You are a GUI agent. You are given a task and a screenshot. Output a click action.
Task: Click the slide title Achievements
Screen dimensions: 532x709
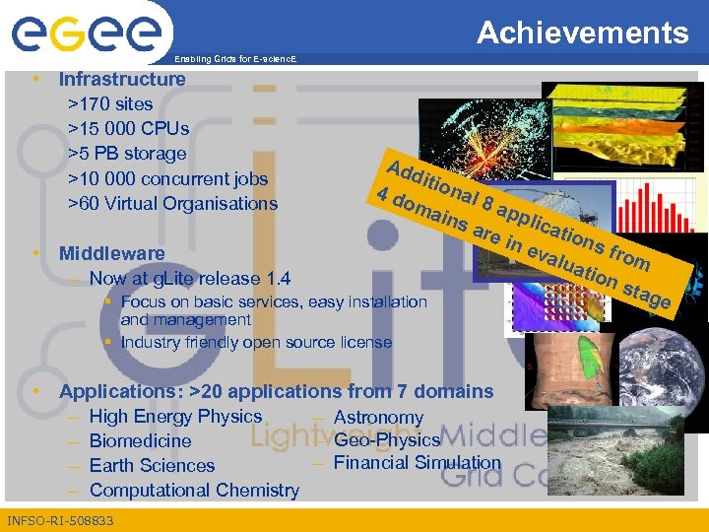(x=583, y=33)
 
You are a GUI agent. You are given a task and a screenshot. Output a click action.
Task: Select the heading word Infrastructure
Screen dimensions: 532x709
(x=122, y=79)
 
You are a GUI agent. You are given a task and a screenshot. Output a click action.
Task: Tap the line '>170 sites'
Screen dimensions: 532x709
(x=109, y=103)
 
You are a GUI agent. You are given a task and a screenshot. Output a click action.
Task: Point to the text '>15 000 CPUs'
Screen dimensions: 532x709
(x=128, y=128)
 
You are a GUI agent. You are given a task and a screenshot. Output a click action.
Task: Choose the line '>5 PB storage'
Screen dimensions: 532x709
(x=126, y=154)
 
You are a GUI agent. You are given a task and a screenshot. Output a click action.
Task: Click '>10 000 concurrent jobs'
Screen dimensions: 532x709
(x=166, y=178)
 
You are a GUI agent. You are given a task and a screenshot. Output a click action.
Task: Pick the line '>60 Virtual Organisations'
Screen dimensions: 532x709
(x=171, y=204)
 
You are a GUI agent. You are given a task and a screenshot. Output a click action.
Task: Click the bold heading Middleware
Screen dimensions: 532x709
(x=111, y=253)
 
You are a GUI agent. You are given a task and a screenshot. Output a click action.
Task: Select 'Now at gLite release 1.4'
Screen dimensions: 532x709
(x=189, y=279)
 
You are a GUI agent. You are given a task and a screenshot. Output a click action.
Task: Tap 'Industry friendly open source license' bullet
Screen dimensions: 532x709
(x=255, y=342)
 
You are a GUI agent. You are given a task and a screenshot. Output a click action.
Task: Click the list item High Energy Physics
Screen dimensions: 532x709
(x=175, y=417)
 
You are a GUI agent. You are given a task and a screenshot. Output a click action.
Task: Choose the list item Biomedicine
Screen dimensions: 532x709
(x=140, y=440)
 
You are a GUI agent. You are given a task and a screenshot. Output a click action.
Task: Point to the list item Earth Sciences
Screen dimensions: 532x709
(x=152, y=465)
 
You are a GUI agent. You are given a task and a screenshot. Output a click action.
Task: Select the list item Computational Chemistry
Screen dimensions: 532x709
(x=194, y=490)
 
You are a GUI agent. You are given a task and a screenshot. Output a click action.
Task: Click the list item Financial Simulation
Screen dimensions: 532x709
(x=418, y=462)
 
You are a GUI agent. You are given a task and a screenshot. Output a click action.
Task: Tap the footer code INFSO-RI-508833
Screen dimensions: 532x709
(x=60, y=520)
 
